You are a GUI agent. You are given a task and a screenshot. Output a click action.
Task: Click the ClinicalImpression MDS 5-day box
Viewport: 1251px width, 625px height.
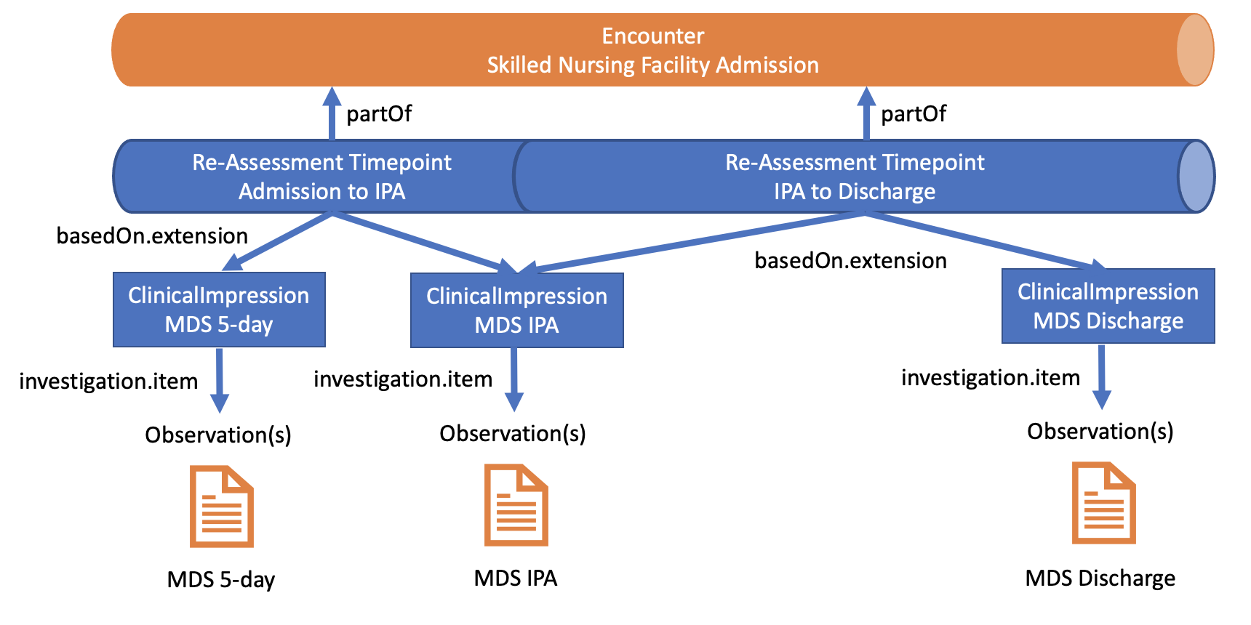pos(219,310)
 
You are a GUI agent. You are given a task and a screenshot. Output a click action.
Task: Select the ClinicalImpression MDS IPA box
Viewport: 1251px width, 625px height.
pos(516,310)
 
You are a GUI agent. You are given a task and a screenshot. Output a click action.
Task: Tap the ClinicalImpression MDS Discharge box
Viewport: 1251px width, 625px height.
pos(1108,306)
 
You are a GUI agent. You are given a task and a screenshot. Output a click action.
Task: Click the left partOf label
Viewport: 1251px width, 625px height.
pos(379,114)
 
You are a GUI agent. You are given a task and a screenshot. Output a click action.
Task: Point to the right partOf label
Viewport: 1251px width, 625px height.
pos(914,114)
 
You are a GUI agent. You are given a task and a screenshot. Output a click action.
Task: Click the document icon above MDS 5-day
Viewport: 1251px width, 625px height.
pos(221,506)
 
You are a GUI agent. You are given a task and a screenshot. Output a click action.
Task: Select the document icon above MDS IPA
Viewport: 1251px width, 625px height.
pos(516,504)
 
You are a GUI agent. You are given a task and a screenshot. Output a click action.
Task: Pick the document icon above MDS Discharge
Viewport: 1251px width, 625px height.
pos(1103,503)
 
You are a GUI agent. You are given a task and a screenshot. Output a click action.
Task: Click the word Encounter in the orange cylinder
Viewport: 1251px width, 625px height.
pos(652,36)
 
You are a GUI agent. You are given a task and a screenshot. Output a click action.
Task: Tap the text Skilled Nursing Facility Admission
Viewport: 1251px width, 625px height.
pos(652,65)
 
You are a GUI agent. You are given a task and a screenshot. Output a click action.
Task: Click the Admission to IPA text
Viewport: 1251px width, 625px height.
pos(321,191)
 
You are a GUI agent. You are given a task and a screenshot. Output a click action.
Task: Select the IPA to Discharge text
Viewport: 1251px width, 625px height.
pos(855,191)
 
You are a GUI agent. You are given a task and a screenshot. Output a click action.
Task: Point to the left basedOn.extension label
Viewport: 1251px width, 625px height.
pos(152,235)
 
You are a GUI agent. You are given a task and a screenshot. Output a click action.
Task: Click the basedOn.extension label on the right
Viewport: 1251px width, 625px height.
pos(850,260)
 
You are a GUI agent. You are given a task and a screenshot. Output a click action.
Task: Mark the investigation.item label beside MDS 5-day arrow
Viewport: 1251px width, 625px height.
pos(108,381)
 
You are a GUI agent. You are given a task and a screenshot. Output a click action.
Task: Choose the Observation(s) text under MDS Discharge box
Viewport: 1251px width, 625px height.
pos(1100,431)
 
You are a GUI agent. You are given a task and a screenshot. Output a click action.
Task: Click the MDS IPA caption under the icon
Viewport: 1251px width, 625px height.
pos(515,578)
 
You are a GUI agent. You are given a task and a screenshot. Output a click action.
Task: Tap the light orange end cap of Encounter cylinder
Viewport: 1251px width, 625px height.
pos(1194,49)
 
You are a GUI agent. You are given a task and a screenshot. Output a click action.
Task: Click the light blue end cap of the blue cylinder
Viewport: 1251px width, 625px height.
pos(1196,177)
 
